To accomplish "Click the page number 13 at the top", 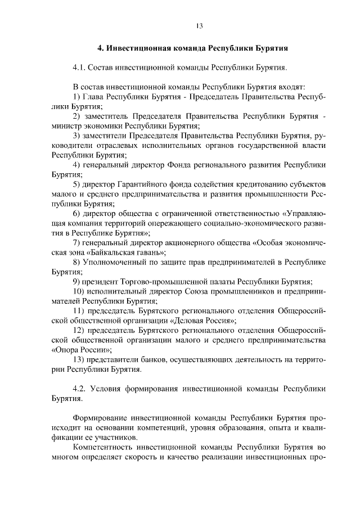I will [199, 25].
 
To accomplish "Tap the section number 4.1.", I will [81, 68].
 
